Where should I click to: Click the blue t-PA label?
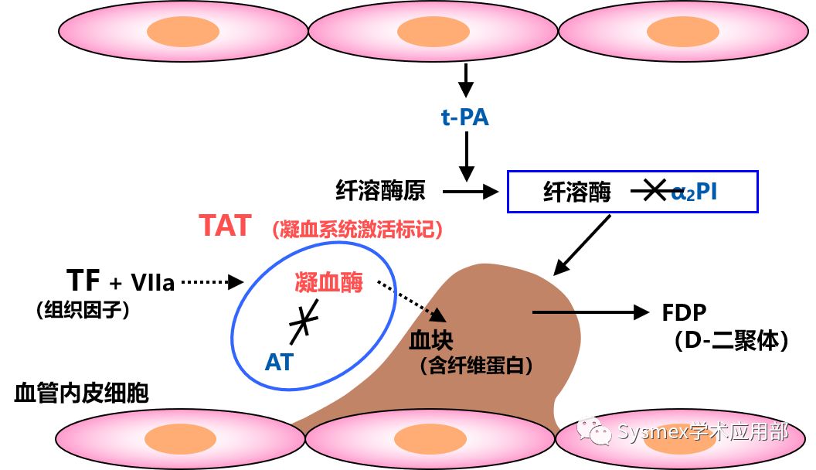click(465, 118)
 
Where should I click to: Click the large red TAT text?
click(225, 226)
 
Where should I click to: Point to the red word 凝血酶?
click(328, 281)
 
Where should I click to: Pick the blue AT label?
click(279, 361)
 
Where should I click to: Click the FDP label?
click(685, 313)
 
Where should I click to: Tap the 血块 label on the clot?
click(431, 341)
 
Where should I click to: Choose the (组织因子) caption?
click(82, 310)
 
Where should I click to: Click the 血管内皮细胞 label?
click(81, 393)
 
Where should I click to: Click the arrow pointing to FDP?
click(590, 312)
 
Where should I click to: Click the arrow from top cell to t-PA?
click(465, 78)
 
